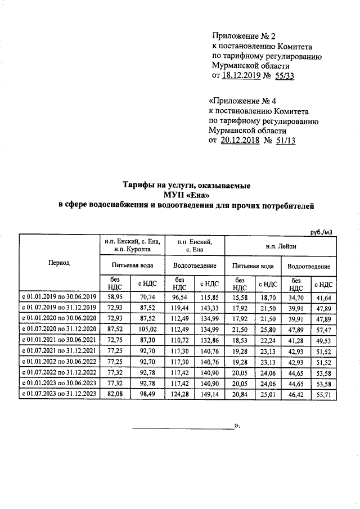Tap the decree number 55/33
[282, 77]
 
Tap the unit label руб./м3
[325, 231]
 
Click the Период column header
[59, 263]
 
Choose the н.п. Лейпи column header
[281, 246]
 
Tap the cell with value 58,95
[115, 296]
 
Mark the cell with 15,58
[240, 296]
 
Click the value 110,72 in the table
[179, 339]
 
